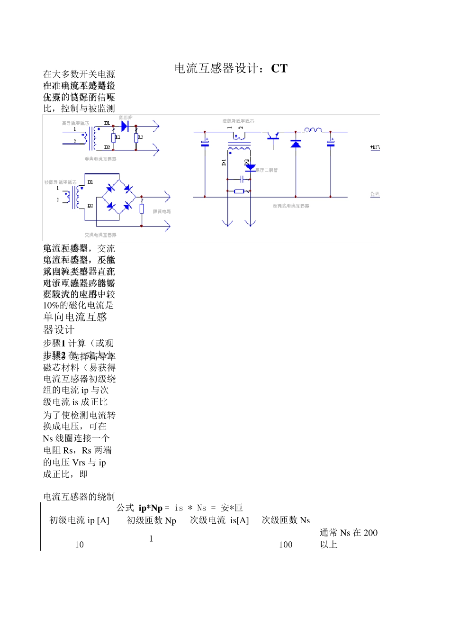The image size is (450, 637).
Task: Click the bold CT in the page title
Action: pos(279,69)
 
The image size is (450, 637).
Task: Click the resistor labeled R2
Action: pos(136,138)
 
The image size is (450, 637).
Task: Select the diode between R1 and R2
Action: pos(125,127)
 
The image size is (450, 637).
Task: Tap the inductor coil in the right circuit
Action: pos(313,129)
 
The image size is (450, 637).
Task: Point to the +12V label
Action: pos(375,148)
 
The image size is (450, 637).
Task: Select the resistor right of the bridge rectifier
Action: pos(141,209)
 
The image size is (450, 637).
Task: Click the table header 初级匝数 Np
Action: pos(152,520)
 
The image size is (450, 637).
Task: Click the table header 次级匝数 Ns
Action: pos(286,520)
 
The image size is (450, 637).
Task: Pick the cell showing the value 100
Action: pos(286,545)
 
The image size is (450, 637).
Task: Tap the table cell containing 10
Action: pos(79,545)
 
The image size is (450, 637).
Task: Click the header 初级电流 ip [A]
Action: pos(79,520)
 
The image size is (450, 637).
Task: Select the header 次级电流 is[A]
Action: pos(219,520)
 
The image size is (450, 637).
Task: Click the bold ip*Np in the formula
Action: pos(151,508)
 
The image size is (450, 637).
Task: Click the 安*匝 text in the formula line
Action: pos(232,508)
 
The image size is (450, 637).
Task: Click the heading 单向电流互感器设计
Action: pos(75,323)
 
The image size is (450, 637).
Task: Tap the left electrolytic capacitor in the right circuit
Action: pos(205,142)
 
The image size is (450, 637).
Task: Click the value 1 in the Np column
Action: pos(151,539)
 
